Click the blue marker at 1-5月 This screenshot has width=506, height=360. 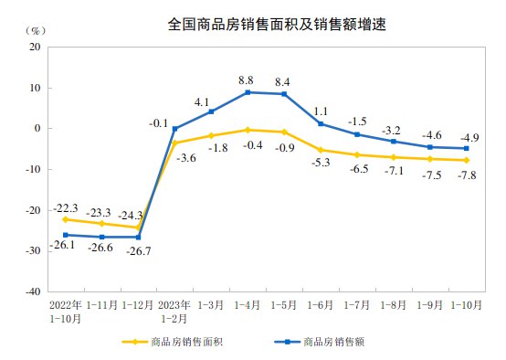pyautogui.click(x=285, y=94)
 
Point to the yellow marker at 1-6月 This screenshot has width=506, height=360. pyautogui.click(x=321, y=150)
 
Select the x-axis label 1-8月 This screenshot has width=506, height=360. pyautogui.click(x=394, y=304)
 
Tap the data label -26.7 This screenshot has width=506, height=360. pyautogui.click(x=138, y=251)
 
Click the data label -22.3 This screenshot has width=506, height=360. pyautogui.click(x=66, y=207)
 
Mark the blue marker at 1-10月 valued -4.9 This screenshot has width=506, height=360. pyautogui.click(x=467, y=148)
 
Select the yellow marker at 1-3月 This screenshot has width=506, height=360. pyautogui.click(x=212, y=135)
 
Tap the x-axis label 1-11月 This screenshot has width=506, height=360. pyautogui.click(x=102, y=304)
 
